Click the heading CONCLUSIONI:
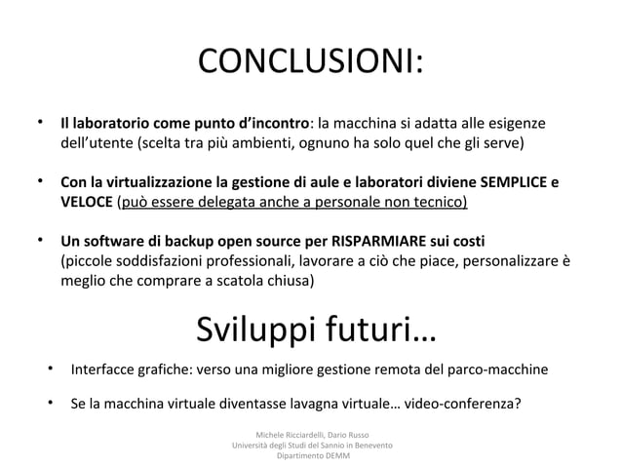(310, 64)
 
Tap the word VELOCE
(86, 203)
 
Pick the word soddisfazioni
(159, 261)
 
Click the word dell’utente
(97, 143)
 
